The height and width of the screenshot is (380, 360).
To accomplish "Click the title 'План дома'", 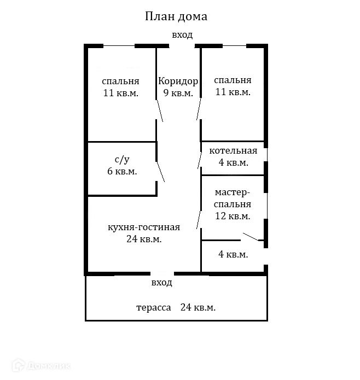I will [176, 16].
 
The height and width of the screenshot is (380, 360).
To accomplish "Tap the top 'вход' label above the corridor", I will [182, 35].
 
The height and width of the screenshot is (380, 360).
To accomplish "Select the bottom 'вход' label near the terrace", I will [162, 283].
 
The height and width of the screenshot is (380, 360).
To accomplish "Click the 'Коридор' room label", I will [178, 81].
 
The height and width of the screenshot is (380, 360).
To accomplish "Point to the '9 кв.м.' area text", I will [178, 93].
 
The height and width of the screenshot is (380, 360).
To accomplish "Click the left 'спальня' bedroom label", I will [120, 81].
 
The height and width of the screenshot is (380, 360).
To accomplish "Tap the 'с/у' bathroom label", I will [122, 160].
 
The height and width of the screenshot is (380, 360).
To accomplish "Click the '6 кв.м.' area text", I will [122, 171].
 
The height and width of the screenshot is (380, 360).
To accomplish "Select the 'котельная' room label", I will [233, 151].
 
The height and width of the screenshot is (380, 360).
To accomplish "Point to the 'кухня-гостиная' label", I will [144, 227].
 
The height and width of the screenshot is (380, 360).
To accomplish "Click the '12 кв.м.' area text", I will [233, 216].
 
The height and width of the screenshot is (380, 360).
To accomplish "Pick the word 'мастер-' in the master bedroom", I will [233, 192].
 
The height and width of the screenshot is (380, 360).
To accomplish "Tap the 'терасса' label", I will [153, 307].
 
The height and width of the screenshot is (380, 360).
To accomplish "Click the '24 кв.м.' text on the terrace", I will [198, 307].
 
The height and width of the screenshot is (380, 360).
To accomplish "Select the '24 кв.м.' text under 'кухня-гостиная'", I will [144, 239].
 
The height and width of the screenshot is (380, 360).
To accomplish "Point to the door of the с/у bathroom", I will [161, 171].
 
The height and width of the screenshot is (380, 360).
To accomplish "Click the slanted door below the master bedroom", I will [251, 237].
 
